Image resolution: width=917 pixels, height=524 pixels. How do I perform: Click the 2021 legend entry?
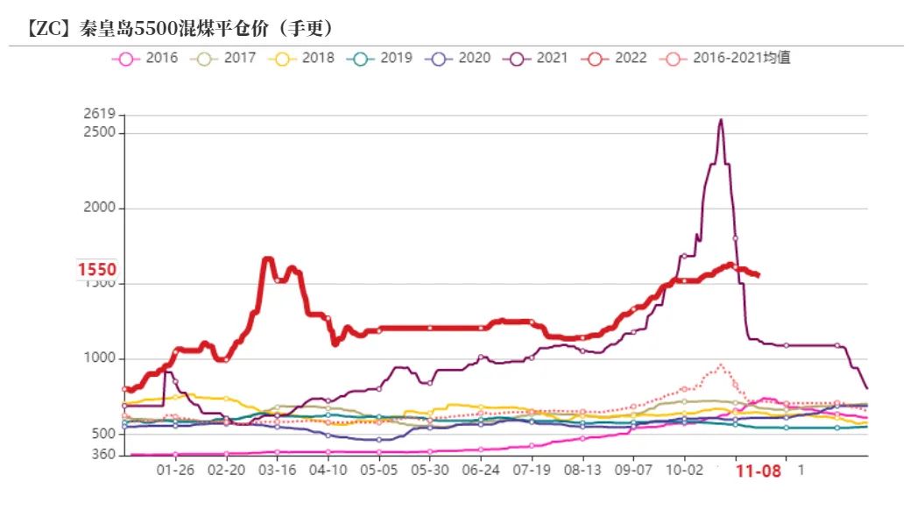tap(537, 59)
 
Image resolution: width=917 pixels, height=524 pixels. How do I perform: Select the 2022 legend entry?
tap(616, 59)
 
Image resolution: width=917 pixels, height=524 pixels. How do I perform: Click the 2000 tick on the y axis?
tap(101, 209)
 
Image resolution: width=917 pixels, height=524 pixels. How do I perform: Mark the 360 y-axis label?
tap(103, 454)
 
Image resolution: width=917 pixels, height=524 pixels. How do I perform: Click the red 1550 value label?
tap(96, 270)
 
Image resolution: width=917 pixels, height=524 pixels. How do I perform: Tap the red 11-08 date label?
tap(758, 471)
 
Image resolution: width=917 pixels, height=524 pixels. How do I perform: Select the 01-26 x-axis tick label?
tap(175, 470)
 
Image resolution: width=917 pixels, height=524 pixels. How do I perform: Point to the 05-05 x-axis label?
tap(378, 470)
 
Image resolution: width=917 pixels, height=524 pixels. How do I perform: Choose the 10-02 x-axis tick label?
tap(684, 470)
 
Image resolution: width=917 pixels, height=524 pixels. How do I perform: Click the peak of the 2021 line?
tap(720, 120)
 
